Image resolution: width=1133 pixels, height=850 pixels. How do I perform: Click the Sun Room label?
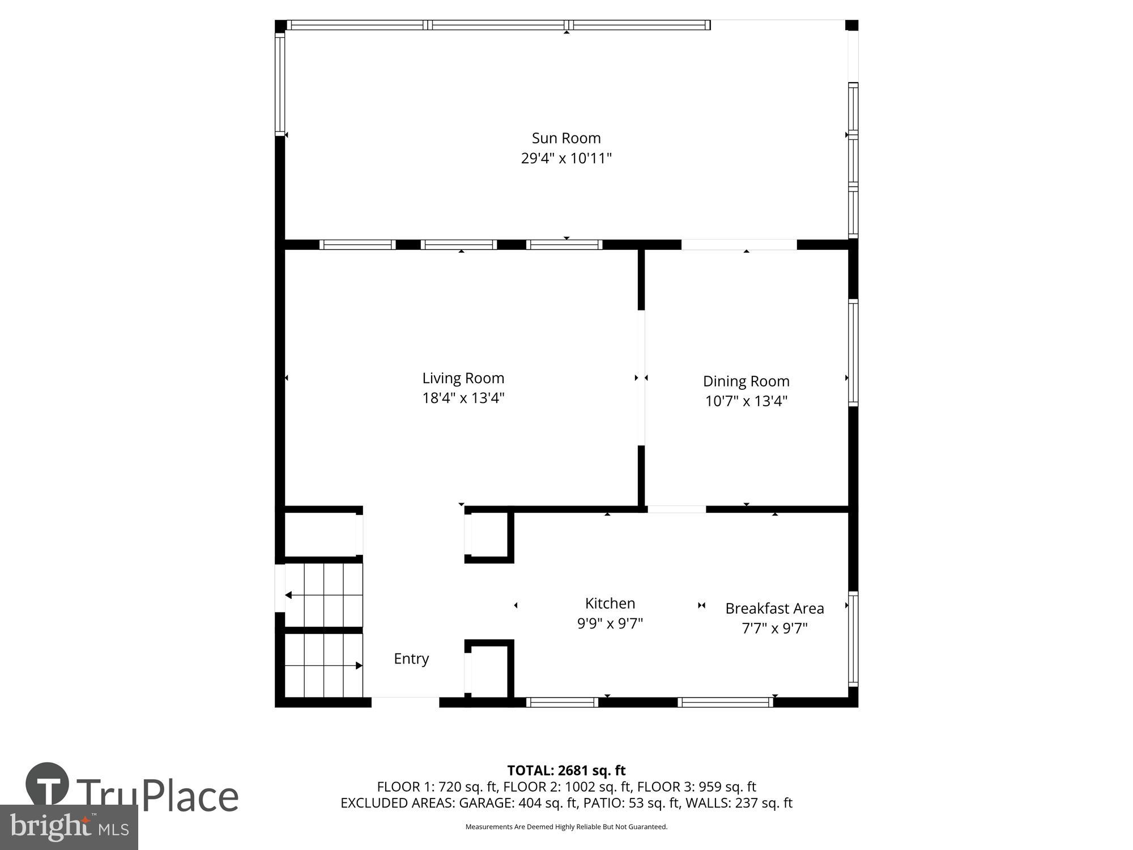[x=566, y=138]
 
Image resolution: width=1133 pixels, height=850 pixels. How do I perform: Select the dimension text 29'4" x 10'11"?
[x=566, y=158]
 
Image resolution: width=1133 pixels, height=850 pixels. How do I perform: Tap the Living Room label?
[x=463, y=378]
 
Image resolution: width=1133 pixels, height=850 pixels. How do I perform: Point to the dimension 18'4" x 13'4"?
[x=463, y=398]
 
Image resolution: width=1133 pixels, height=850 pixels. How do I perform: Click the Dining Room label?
[x=746, y=381]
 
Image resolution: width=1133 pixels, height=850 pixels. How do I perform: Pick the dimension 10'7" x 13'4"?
[x=746, y=401]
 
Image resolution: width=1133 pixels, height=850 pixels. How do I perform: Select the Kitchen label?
[x=610, y=603]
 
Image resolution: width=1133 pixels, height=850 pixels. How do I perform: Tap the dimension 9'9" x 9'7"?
[x=610, y=623]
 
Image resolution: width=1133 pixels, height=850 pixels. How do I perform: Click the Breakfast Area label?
[x=774, y=608]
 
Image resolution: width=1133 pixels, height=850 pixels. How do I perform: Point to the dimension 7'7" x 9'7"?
[x=774, y=628]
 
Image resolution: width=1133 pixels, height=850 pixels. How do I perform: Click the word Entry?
[x=411, y=658]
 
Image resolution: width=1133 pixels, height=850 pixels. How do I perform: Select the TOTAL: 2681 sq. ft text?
[x=566, y=770]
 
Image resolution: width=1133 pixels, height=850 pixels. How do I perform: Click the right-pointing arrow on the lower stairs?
[x=359, y=665]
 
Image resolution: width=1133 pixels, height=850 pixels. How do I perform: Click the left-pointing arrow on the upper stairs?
[x=288, y=595]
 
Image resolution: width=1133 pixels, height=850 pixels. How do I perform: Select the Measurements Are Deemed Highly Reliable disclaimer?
[x=566, y=827]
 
